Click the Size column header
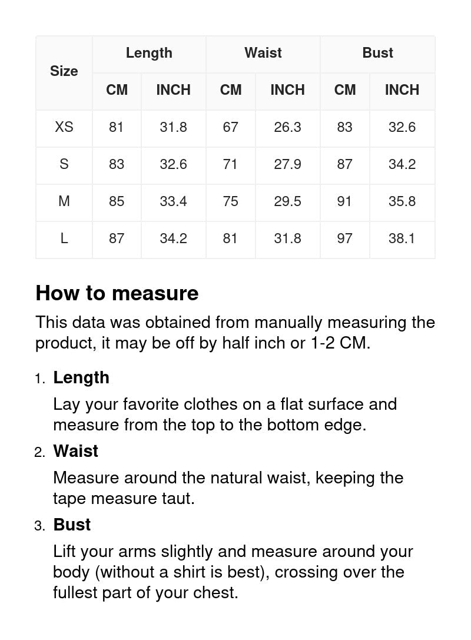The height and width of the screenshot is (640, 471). click(64, 71)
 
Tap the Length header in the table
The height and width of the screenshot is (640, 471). click(149, 53)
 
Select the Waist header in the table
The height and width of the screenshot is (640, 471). click(263, 53)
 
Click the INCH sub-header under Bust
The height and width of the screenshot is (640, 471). click(402, 90)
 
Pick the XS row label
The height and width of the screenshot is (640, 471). click(64, 127)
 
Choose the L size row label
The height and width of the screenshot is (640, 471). click(64, 238)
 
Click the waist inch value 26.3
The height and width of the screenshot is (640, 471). click(287, 127)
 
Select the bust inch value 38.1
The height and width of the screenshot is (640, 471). click(402, 238)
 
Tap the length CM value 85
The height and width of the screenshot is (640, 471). click(117, 201)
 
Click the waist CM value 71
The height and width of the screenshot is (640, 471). click(230, 164)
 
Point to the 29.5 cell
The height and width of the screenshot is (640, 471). click(287, 201)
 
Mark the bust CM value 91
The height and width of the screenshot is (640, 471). click(344, 201)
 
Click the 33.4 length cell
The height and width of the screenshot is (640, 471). click(173, 201)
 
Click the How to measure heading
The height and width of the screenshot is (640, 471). click(117, 293)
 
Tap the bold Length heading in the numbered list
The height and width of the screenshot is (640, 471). click(81, 377)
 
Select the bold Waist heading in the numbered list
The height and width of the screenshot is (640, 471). click(76, 451)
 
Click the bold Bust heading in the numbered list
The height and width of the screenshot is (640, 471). click(72, 525)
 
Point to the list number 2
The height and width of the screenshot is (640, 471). click(39, 452)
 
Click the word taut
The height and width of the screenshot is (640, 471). click(177, 498)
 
